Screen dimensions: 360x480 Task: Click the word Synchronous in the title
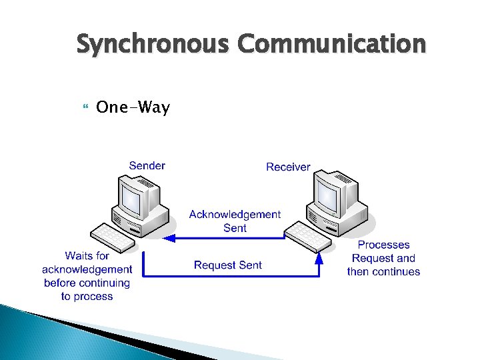pyautogui.click(x=154, y=45)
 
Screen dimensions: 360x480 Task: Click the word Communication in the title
pyautogui.click(x=331, y=45)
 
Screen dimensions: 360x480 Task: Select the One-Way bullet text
pyautogui.click(x=133, y=107)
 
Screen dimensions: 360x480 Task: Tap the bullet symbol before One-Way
pyautogui.click(x=83, y=107)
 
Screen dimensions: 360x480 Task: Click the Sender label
pyautogui.click(x=147, y=165)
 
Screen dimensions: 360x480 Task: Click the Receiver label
pyautogui.click(x=288, y=167)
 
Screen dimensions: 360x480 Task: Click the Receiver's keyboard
pyautogui.click(x=309, y=235)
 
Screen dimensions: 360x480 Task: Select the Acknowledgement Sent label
pyautogui.click(x=235, y=221)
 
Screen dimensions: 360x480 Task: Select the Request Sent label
pyautogui.click(x=228, y=265)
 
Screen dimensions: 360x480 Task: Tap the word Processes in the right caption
pyautogui.click(x=383, y=245)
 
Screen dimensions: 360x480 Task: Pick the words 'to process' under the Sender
pyautogui.click(x=87, y=296)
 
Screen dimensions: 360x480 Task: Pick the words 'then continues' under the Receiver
pyautogui.click(x=383, y=271)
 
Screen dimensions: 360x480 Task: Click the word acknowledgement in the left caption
pyautogui.click(x=87, y=269)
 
